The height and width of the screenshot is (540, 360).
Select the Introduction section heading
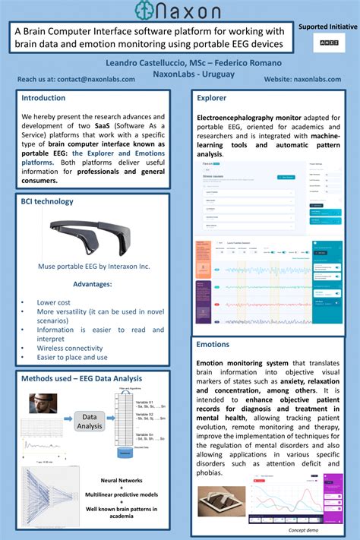point(43,98)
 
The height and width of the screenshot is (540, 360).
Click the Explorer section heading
point(213,98)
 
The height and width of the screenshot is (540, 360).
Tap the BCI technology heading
point(47,201)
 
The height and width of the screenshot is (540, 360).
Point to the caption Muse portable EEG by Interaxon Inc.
point(94,267)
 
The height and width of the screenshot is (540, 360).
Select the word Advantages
point(93,284)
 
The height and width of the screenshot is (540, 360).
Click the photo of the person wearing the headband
point(43,403)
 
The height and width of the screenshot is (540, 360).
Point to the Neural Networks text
point(122,480)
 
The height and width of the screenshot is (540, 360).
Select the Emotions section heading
point(213,344)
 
